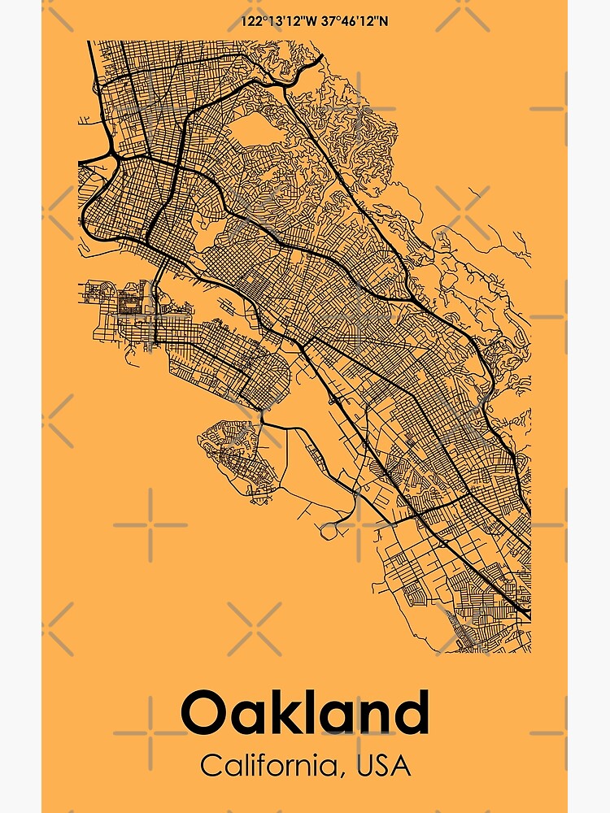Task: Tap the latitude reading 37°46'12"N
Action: [x=351, y=20]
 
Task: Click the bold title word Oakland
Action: [x=305, y=712]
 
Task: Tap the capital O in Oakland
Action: [x=203, y=713]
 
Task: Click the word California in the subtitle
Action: [x=269, y=765]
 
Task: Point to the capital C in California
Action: [x=211, y=765]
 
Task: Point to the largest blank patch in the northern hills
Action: [x=260, y=134]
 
